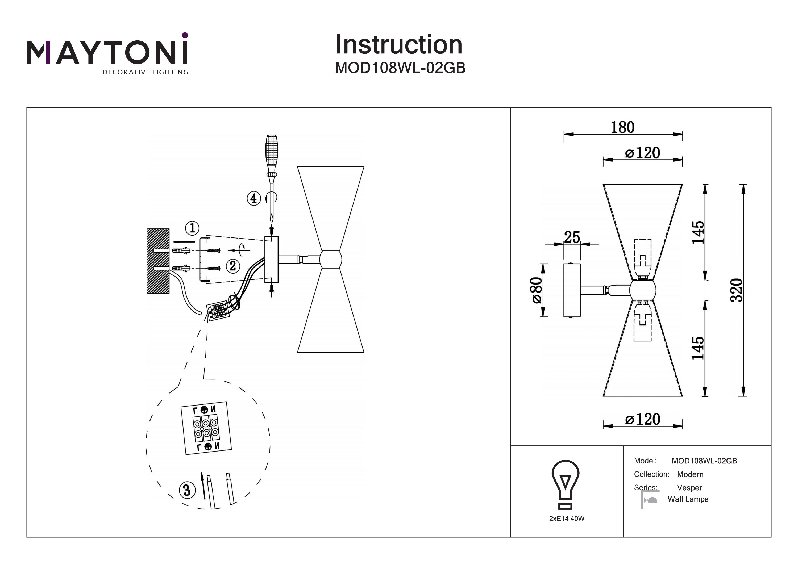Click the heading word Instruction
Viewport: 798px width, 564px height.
(399, 45)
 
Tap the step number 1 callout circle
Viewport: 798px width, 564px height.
(192, 228)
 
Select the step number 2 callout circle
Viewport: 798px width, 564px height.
(232, 266)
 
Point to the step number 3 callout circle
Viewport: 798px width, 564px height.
(187, 490)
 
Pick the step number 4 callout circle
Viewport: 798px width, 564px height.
(253, 198)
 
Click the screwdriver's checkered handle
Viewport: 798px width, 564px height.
(271, 153)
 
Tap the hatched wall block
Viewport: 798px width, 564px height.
(158, 261)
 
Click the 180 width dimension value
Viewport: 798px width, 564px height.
(622, 128)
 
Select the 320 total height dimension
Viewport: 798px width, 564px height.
(736, 290)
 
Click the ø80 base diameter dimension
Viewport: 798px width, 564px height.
(536, 290)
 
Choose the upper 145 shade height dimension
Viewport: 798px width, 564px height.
(697, 232)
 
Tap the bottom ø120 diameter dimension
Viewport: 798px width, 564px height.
(642, 419)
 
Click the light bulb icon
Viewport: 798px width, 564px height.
(566, 485)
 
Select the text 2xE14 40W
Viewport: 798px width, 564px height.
(567, 519)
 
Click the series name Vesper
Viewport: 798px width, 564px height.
(689, 488)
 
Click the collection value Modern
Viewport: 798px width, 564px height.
(690, 474)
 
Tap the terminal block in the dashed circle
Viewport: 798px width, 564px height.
(206, 428)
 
